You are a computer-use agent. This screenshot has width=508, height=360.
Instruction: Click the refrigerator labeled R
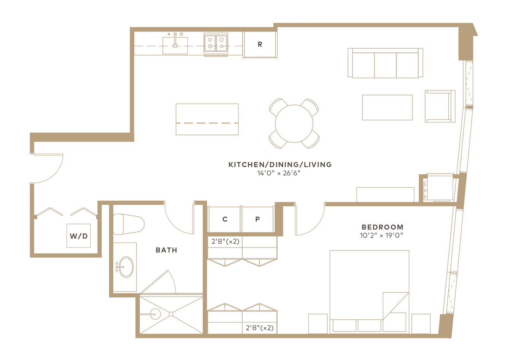point(260,44)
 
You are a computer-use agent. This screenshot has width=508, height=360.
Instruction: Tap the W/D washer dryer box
point(78,236)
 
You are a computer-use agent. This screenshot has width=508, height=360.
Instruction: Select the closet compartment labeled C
point(224,219)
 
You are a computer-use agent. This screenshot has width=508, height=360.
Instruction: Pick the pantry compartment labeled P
point(257,219)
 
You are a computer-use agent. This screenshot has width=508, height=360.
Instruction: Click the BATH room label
point(167,250)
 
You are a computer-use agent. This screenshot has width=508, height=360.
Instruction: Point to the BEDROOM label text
point(383,227)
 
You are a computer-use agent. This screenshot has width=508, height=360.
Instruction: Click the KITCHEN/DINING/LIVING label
point(280,165)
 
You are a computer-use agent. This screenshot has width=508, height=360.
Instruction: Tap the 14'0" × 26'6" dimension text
point(279,173)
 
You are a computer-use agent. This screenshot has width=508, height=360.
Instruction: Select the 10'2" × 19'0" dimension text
point(381,236)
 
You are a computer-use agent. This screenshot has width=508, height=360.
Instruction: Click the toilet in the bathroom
point(129,224)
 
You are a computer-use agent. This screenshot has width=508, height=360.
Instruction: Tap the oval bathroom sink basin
point(126,267)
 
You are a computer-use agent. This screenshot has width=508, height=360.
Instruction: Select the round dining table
point(294,124)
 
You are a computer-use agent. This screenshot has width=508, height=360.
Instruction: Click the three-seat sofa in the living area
point(385,63)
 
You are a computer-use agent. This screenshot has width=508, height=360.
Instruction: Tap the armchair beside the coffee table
point(440,106)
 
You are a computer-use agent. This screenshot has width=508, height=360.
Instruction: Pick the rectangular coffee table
point(387,108)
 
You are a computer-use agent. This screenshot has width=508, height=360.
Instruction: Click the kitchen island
point(207,119)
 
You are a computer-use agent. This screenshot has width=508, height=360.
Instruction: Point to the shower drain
point(171,314)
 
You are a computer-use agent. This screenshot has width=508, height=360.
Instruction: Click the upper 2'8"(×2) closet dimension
point(225,241)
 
